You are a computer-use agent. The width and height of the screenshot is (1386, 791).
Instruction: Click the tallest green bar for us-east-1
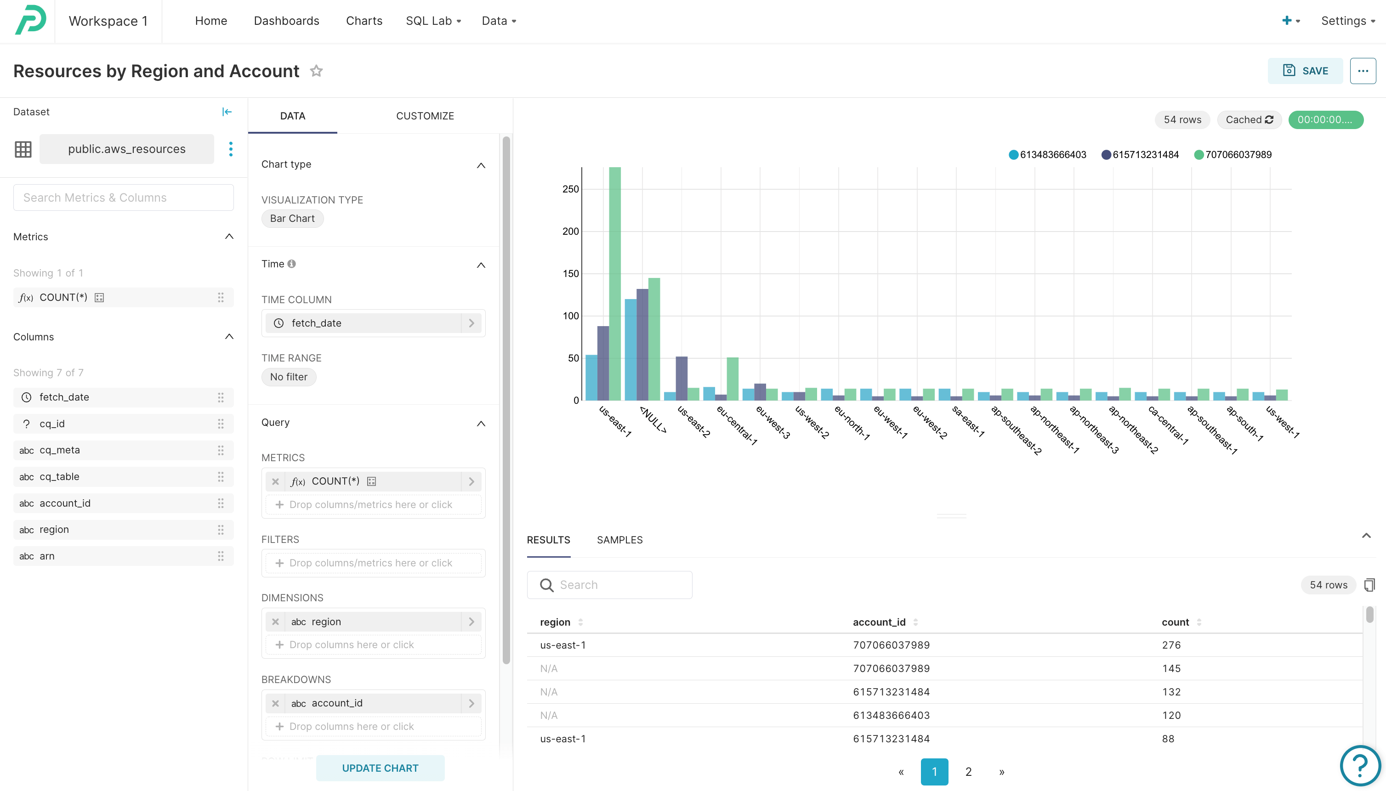pyautogui.click(x=615, y=282)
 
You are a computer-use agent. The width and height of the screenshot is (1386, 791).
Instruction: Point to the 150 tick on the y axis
pyautogui.click(x=570, y=274)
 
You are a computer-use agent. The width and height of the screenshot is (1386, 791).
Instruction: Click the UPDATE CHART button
pyautogui.click(x=380, y=768)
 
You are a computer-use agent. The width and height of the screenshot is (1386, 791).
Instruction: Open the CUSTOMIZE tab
pyautogui.click(x=425, y=116)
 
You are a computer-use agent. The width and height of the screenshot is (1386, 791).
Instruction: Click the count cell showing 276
pyautogui.click(x=1171, y=645)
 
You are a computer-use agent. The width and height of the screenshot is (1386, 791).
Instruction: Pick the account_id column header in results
pyautogui.click(x=878, y=622)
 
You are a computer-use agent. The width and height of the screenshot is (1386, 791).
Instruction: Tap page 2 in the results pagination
pyautogui.click(x=968, y=771)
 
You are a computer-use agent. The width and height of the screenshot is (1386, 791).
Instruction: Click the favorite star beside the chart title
pyautogui.click(x=316, y=71)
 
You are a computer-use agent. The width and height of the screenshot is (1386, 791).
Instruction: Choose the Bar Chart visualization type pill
pyautogui.click(x=292, y=218)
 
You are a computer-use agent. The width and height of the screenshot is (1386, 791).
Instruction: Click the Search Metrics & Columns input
pyautogui.click(x=123, y=198)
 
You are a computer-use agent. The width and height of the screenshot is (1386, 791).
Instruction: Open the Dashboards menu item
pyautogui.click(x=286, y=21)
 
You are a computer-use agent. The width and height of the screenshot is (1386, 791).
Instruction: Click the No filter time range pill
pyautogui.click(x=289, y=377)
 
